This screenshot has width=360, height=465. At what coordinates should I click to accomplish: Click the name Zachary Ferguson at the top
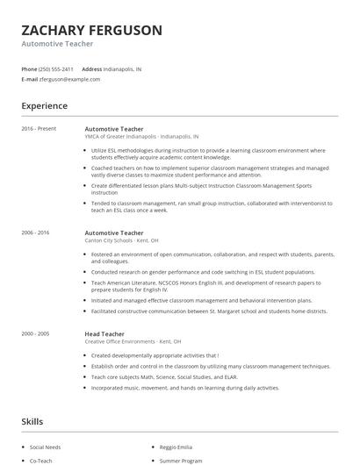pos(91,30)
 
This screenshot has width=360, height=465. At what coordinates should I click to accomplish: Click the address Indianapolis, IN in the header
pos(123,68)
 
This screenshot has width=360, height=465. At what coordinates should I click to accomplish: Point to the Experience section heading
pos(44,106)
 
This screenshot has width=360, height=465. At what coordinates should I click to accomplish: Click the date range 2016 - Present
pos(39,129)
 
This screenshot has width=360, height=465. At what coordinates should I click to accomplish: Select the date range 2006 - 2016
pos(37,232)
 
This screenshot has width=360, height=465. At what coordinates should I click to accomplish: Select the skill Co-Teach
pos(40,460)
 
